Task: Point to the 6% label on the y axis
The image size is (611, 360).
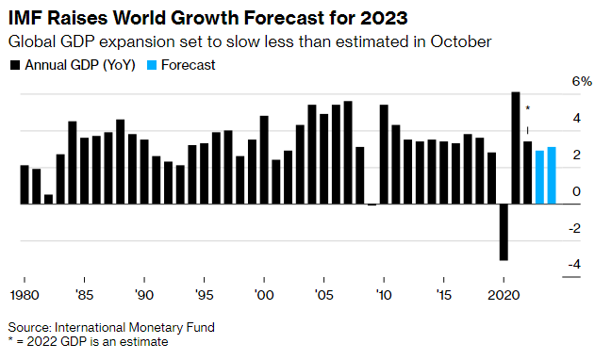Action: (580, 82)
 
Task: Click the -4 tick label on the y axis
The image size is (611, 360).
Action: (574, 266)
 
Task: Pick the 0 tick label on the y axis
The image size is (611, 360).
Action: (577, 192)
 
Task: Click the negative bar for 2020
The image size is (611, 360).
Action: (504, 232)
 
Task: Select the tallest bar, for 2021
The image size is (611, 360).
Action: (516, 148)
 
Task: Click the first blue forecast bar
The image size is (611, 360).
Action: (539, 177)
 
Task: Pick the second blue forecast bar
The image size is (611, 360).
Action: (552, 175)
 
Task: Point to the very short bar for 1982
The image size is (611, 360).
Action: (48, 199)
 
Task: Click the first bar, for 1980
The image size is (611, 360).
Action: (24, 185)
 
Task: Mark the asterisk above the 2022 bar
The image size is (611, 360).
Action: (528, 110)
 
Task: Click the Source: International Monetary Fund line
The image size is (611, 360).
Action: (111, 328)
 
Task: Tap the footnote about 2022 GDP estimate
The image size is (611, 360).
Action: (87, 343)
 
